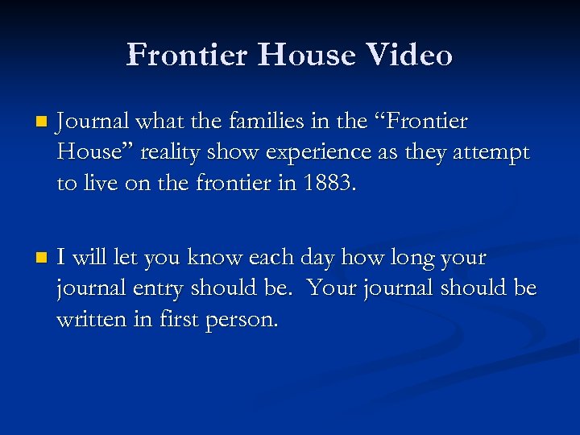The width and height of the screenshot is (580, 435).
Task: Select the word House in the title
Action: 296,55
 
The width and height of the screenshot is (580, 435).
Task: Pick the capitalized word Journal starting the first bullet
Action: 93,122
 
